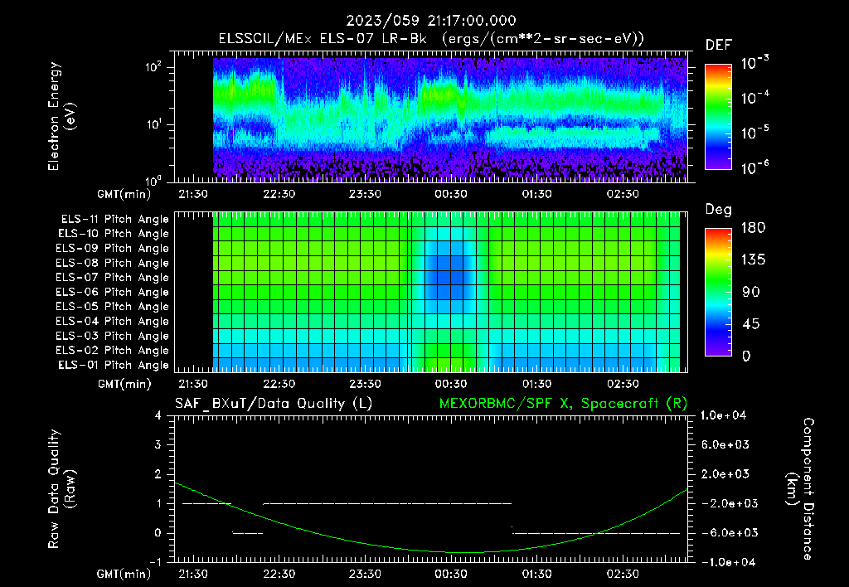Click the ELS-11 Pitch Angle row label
[113, 220]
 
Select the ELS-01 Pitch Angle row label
[113, 365]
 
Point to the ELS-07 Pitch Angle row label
[113, 278]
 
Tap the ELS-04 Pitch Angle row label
[113, 322]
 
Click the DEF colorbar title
[718, 45]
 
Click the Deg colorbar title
[718, 210]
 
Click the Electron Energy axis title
[61, 116]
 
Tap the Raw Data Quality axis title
[61, 489]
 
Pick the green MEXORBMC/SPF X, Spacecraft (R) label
[563, 403]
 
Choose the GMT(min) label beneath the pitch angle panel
[124, 385]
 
